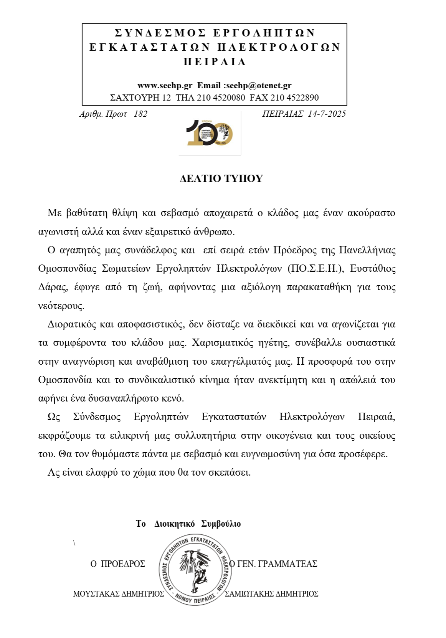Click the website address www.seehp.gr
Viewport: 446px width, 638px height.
[x=165, y=86]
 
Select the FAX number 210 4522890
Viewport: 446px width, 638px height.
[x=294, y=98]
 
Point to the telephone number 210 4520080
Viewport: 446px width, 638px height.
[x=221, y=98]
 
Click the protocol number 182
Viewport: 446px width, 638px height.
[x=140, y=114]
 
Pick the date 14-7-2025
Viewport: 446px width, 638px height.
[x=327, y=114]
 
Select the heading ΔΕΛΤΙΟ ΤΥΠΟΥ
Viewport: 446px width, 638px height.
[x=221, y=179]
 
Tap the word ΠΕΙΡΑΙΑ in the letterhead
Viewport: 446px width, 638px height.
[x=215, y=62]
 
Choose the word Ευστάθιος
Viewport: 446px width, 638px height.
[x=373, y=269]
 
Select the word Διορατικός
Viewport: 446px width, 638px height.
[x=71, y=324]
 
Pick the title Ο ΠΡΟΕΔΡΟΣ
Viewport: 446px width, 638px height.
[x=118, y=564]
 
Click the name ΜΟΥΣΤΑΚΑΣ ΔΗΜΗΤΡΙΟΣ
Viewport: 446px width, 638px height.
[x=119, y=594]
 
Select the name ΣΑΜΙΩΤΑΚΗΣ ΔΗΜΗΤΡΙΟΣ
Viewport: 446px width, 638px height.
[x=271, y=594]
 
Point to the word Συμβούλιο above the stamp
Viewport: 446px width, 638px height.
[x=221, y=524]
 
